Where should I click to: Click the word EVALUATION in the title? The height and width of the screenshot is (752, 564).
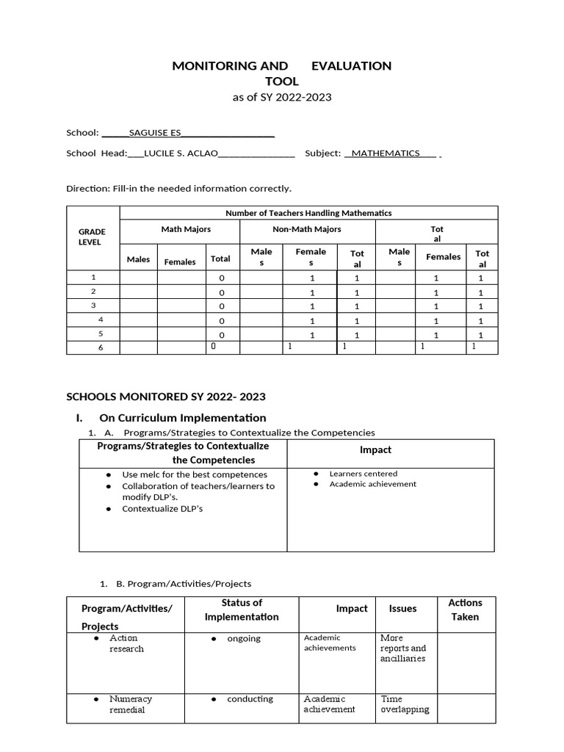point(351,65)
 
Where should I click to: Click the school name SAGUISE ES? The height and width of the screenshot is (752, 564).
point(153,133)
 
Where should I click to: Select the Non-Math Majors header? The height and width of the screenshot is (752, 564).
point(307,229)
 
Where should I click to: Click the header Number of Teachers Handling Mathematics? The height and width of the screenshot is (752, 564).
point(308,213)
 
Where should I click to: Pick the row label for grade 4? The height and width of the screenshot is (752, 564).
point(101,320)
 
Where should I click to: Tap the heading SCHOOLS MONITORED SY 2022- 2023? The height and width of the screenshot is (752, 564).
point(166,397)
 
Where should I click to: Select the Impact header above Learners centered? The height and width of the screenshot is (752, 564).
point(375,449)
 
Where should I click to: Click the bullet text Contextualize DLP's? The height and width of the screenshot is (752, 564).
point(162,508)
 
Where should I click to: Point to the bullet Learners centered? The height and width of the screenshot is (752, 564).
point(363,474)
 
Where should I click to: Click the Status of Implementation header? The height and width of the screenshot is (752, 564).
point(242,610)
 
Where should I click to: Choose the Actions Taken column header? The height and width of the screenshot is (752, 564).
point(465,610)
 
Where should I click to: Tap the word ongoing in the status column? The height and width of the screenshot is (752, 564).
point(244,638)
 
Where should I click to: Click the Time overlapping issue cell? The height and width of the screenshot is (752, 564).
point(405,704)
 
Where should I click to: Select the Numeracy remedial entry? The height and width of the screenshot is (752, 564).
point(127,704)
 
